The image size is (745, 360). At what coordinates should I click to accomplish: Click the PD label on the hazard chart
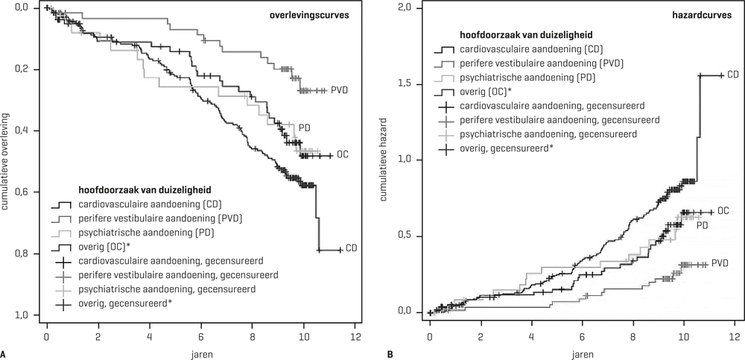coord(702,225)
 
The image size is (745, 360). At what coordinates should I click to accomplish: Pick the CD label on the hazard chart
coord(733,75)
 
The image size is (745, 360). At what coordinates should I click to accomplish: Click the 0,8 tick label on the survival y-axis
coord(26,254)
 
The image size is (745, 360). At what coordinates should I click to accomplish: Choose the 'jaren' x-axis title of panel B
coord(583,350)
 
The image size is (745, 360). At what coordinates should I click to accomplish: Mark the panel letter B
coord(390,353)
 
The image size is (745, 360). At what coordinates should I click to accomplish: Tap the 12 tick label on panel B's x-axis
coord(735,329)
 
